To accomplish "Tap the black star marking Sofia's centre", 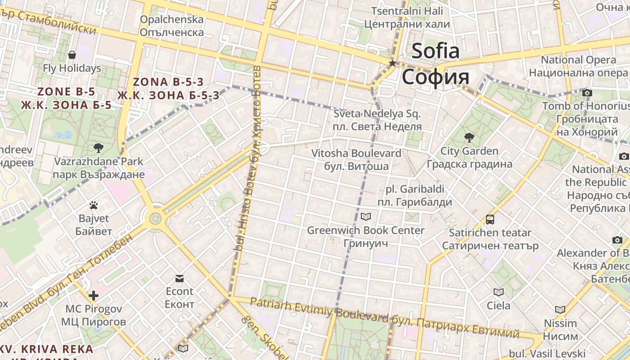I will [x=392, y=63].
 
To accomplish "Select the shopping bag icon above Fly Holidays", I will [x=72, y=55].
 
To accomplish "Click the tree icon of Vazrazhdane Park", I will [x=98, y=148].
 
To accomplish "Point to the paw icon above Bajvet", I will [x=94, y=206].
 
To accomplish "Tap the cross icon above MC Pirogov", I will [x=94, y=296].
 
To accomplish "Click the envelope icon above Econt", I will [x=180, y=279].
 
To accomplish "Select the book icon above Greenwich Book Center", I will [x=366, y=217].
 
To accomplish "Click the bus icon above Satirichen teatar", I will [x=490, y=220].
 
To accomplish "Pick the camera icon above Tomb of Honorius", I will [x=587, y=93].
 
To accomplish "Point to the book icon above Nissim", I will [x=560, y=310].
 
